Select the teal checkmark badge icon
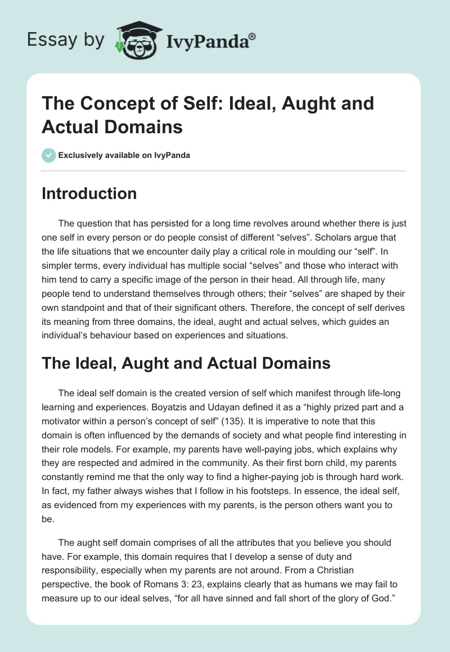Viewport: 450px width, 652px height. pyautogui.click(x=48, y=155)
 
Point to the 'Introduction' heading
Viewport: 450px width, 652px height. pyautogui.click(x=89, y=193)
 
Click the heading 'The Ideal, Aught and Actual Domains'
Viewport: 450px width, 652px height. pyautogui.click(x=186, y=363)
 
